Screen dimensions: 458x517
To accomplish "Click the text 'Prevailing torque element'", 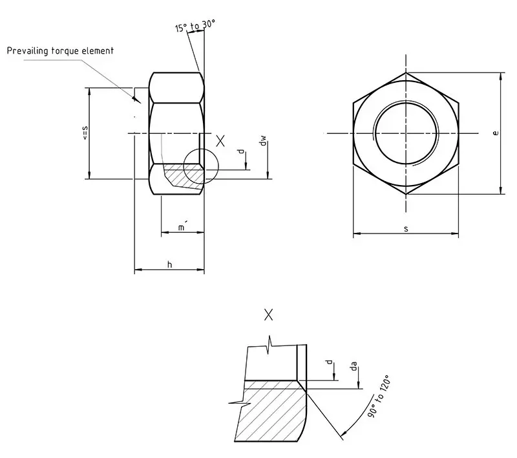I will [60, 50].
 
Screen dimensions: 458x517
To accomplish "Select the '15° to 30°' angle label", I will [195, 27].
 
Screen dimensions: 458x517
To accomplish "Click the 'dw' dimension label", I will [262, 141].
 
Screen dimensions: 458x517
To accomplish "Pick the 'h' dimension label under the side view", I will [169, 264].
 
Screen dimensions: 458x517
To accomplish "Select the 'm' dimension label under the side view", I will [182, 227].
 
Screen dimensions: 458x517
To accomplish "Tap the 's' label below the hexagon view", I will [406, 228].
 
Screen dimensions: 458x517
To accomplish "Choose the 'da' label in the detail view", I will [353, 367].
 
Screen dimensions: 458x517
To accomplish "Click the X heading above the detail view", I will [269, 315].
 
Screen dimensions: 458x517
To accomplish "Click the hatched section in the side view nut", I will [181, 176].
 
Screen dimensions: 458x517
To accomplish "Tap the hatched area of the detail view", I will [268, 414].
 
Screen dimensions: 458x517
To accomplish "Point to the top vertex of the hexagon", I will [406, 72].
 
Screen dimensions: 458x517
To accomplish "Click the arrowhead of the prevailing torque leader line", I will [136, 100].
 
